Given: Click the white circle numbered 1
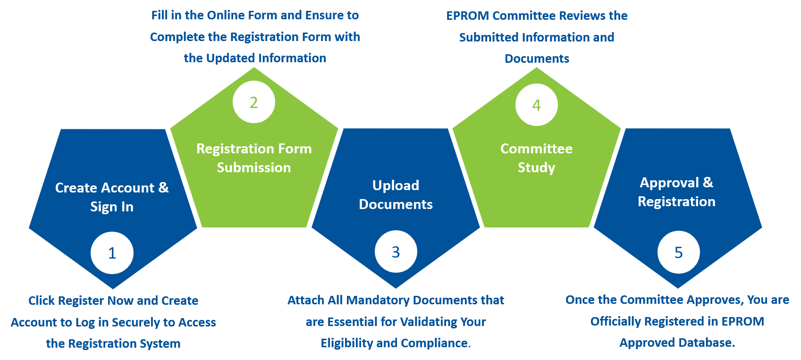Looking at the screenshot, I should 112,253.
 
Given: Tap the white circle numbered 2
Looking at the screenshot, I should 254,102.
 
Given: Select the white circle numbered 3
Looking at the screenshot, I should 396,252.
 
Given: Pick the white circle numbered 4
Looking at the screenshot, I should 536,105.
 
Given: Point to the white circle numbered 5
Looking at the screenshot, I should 678,252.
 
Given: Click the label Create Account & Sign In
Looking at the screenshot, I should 112,197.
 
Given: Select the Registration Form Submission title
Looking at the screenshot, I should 254,158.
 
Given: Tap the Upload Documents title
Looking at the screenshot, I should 396,195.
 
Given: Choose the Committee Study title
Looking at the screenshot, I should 536,158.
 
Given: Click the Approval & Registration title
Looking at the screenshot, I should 676,192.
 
